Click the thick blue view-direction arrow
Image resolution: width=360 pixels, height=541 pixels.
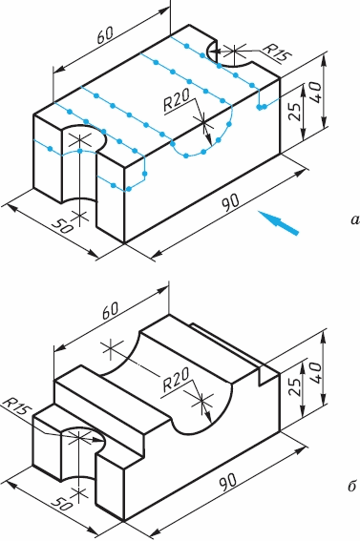[278, 223]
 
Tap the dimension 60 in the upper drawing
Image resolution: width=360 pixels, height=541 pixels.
[105, 35]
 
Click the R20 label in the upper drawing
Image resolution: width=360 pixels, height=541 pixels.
[177, 100]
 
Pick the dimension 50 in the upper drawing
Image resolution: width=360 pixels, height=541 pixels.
[62, 225]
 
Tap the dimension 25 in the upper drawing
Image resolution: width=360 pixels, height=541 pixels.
[294, 111]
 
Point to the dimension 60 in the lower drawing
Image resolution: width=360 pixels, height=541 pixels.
[111, 310]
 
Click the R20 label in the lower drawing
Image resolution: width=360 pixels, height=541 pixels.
[176, 380]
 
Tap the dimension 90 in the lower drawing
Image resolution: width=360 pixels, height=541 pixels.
[228, 482]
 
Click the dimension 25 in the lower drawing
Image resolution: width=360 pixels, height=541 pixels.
[294, 388]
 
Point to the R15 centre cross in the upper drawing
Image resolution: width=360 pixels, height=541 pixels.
[234, 52]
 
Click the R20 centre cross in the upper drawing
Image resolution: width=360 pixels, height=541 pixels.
[203, 121]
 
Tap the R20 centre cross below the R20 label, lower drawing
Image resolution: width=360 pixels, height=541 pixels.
[201, 402]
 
